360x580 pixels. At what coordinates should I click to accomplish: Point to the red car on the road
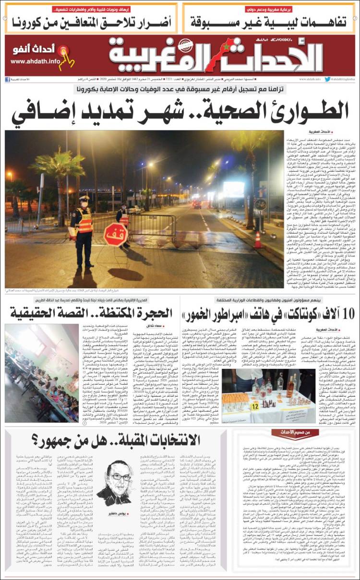197,205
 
